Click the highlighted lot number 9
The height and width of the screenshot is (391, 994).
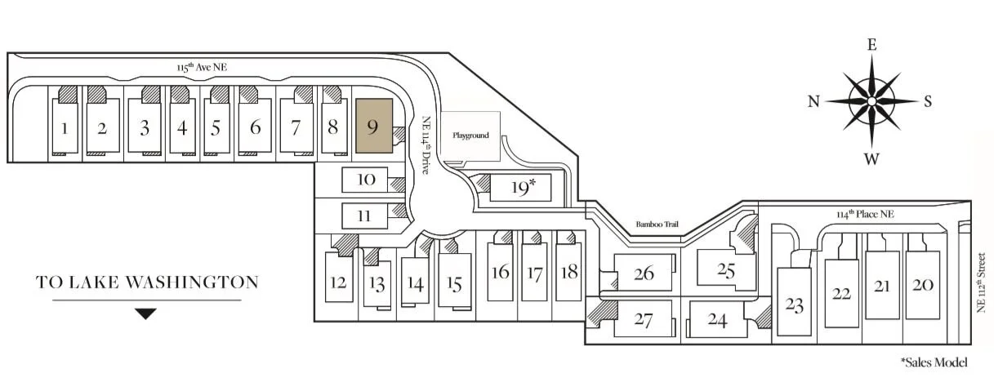[373, 127]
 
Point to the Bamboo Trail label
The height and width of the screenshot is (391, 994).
[658, 224]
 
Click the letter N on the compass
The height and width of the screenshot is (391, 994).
[813, 102]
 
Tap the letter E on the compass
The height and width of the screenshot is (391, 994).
[871, 45]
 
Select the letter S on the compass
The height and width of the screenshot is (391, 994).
[928, 102]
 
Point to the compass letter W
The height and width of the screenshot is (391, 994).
[871, 159]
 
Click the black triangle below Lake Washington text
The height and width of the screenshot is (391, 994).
[145, 313]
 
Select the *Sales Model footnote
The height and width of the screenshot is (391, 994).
[934, 362]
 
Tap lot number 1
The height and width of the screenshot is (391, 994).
[64, 128]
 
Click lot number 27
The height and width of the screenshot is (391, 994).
[643, 320]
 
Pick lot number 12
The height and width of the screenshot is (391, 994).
[337, 282]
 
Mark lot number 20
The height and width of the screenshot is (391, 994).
[923, 285]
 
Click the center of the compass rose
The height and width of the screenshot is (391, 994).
[871, 101]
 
